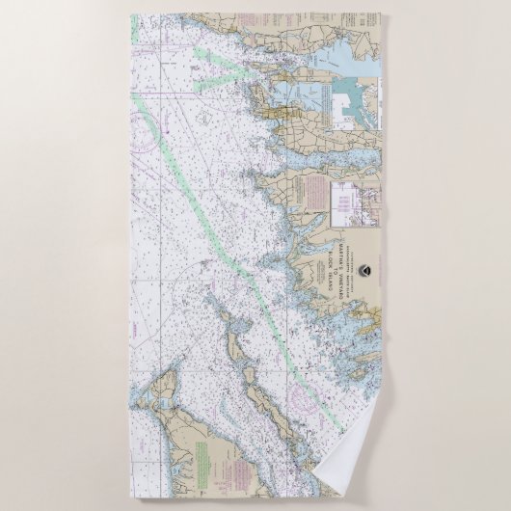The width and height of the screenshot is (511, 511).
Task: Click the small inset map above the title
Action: [x=344, y=201]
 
